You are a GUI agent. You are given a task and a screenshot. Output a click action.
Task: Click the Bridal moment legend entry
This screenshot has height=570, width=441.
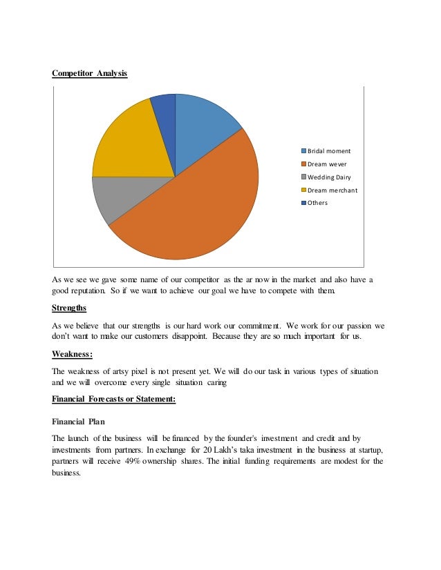pyautogui.click(x=325, y=150)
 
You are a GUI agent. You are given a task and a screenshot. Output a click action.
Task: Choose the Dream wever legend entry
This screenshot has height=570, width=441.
pyautogui.click(x=323, y=164)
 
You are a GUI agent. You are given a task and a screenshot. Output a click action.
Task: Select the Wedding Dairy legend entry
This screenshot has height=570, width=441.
pyautogui.click(x=325, y=177)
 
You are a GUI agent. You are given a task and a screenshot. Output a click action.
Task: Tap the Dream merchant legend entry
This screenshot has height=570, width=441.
pyautogui.click(x=328, y=190)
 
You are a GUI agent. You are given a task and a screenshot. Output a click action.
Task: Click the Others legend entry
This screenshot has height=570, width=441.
pyautogui.click(x=314, y=203)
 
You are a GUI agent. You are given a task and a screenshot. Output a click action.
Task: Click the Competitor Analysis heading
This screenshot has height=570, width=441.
pyautogui.click(x=90, y=72)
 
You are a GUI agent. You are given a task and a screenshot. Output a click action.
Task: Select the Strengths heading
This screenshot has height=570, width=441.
pyautogui.click(x=69, y=308)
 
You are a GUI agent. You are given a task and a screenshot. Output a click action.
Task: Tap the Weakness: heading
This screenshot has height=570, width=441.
pyautogui.click(x=73, y=354)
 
